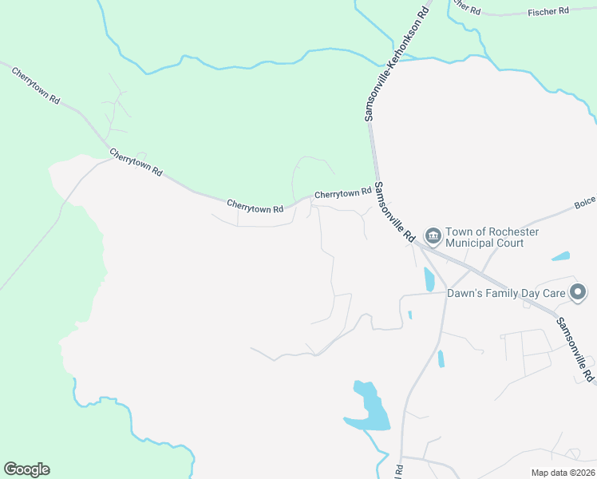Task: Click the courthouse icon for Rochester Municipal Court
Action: [433, 236]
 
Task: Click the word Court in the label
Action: [509, 243]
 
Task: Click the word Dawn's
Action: [466, 294]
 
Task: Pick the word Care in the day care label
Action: [555, 294]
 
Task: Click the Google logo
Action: [26, 469]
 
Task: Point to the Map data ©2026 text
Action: [562, 473]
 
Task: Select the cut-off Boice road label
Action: [585, 204]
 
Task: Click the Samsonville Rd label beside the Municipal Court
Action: [396, 212]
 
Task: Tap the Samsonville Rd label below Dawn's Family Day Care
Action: [575, 349]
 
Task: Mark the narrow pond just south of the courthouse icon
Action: [429, 279]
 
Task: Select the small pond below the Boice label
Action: [561, 257]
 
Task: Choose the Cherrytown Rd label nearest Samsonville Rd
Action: [343, 193]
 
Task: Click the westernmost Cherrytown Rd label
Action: [36, 86]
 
